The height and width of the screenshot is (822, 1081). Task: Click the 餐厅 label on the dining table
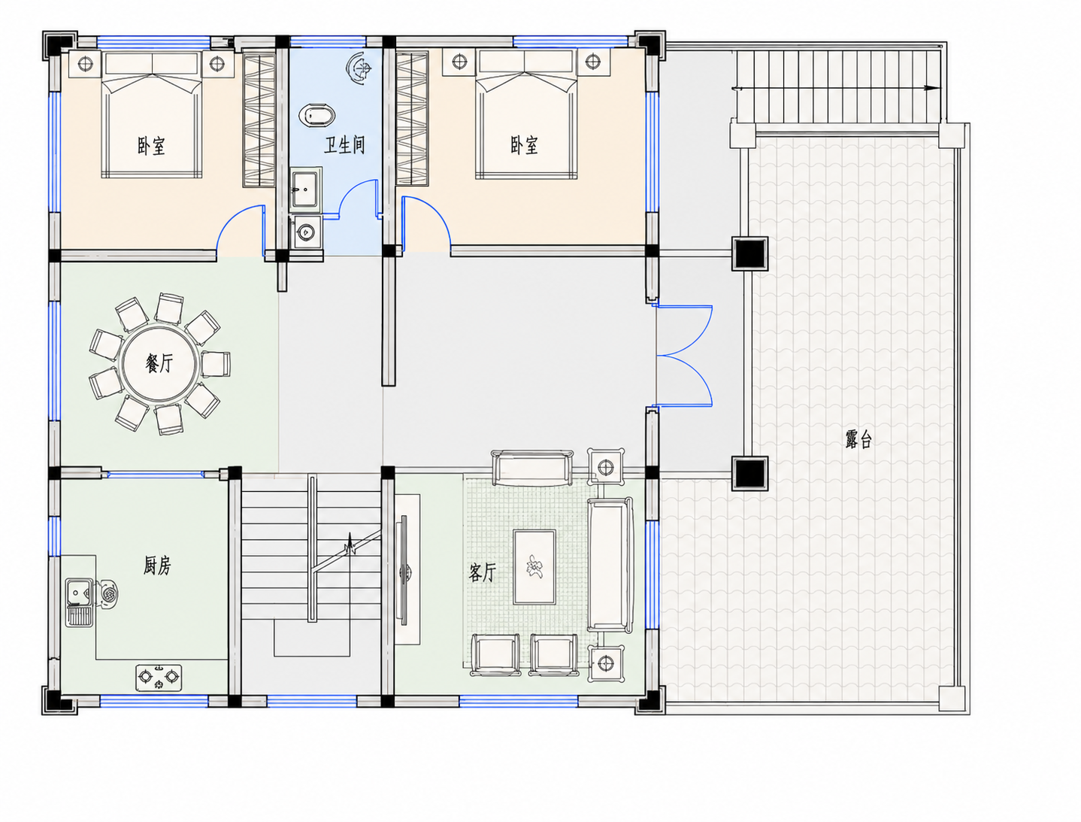click(x=159, y=363)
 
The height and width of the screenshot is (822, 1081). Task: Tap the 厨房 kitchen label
click(x=157, y=566)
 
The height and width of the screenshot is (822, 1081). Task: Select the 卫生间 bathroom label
click(x=344, y=145)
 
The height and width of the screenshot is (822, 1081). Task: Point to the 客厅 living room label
click(x=482, y=572)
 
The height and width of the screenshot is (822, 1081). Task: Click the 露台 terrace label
click(x=859, y=438)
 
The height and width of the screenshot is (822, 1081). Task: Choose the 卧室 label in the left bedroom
click(x=151, y=146)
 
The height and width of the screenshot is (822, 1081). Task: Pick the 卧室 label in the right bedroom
click(x=524, y=145)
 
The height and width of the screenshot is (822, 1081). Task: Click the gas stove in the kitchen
click(x=159, y=677)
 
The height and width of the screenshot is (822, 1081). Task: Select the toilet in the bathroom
click(x=316, y=115)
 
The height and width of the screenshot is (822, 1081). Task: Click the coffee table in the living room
click(x=534, y=567)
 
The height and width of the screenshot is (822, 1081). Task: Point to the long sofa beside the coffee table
click(x=610, y=564)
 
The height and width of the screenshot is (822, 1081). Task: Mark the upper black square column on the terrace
click(x=749, y=253)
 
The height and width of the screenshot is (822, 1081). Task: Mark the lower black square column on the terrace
click(x=749, y=473)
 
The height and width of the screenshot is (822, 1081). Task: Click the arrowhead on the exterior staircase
click(x=931, y=88)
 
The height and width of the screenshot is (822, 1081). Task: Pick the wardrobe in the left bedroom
click(x=259, y=119)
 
